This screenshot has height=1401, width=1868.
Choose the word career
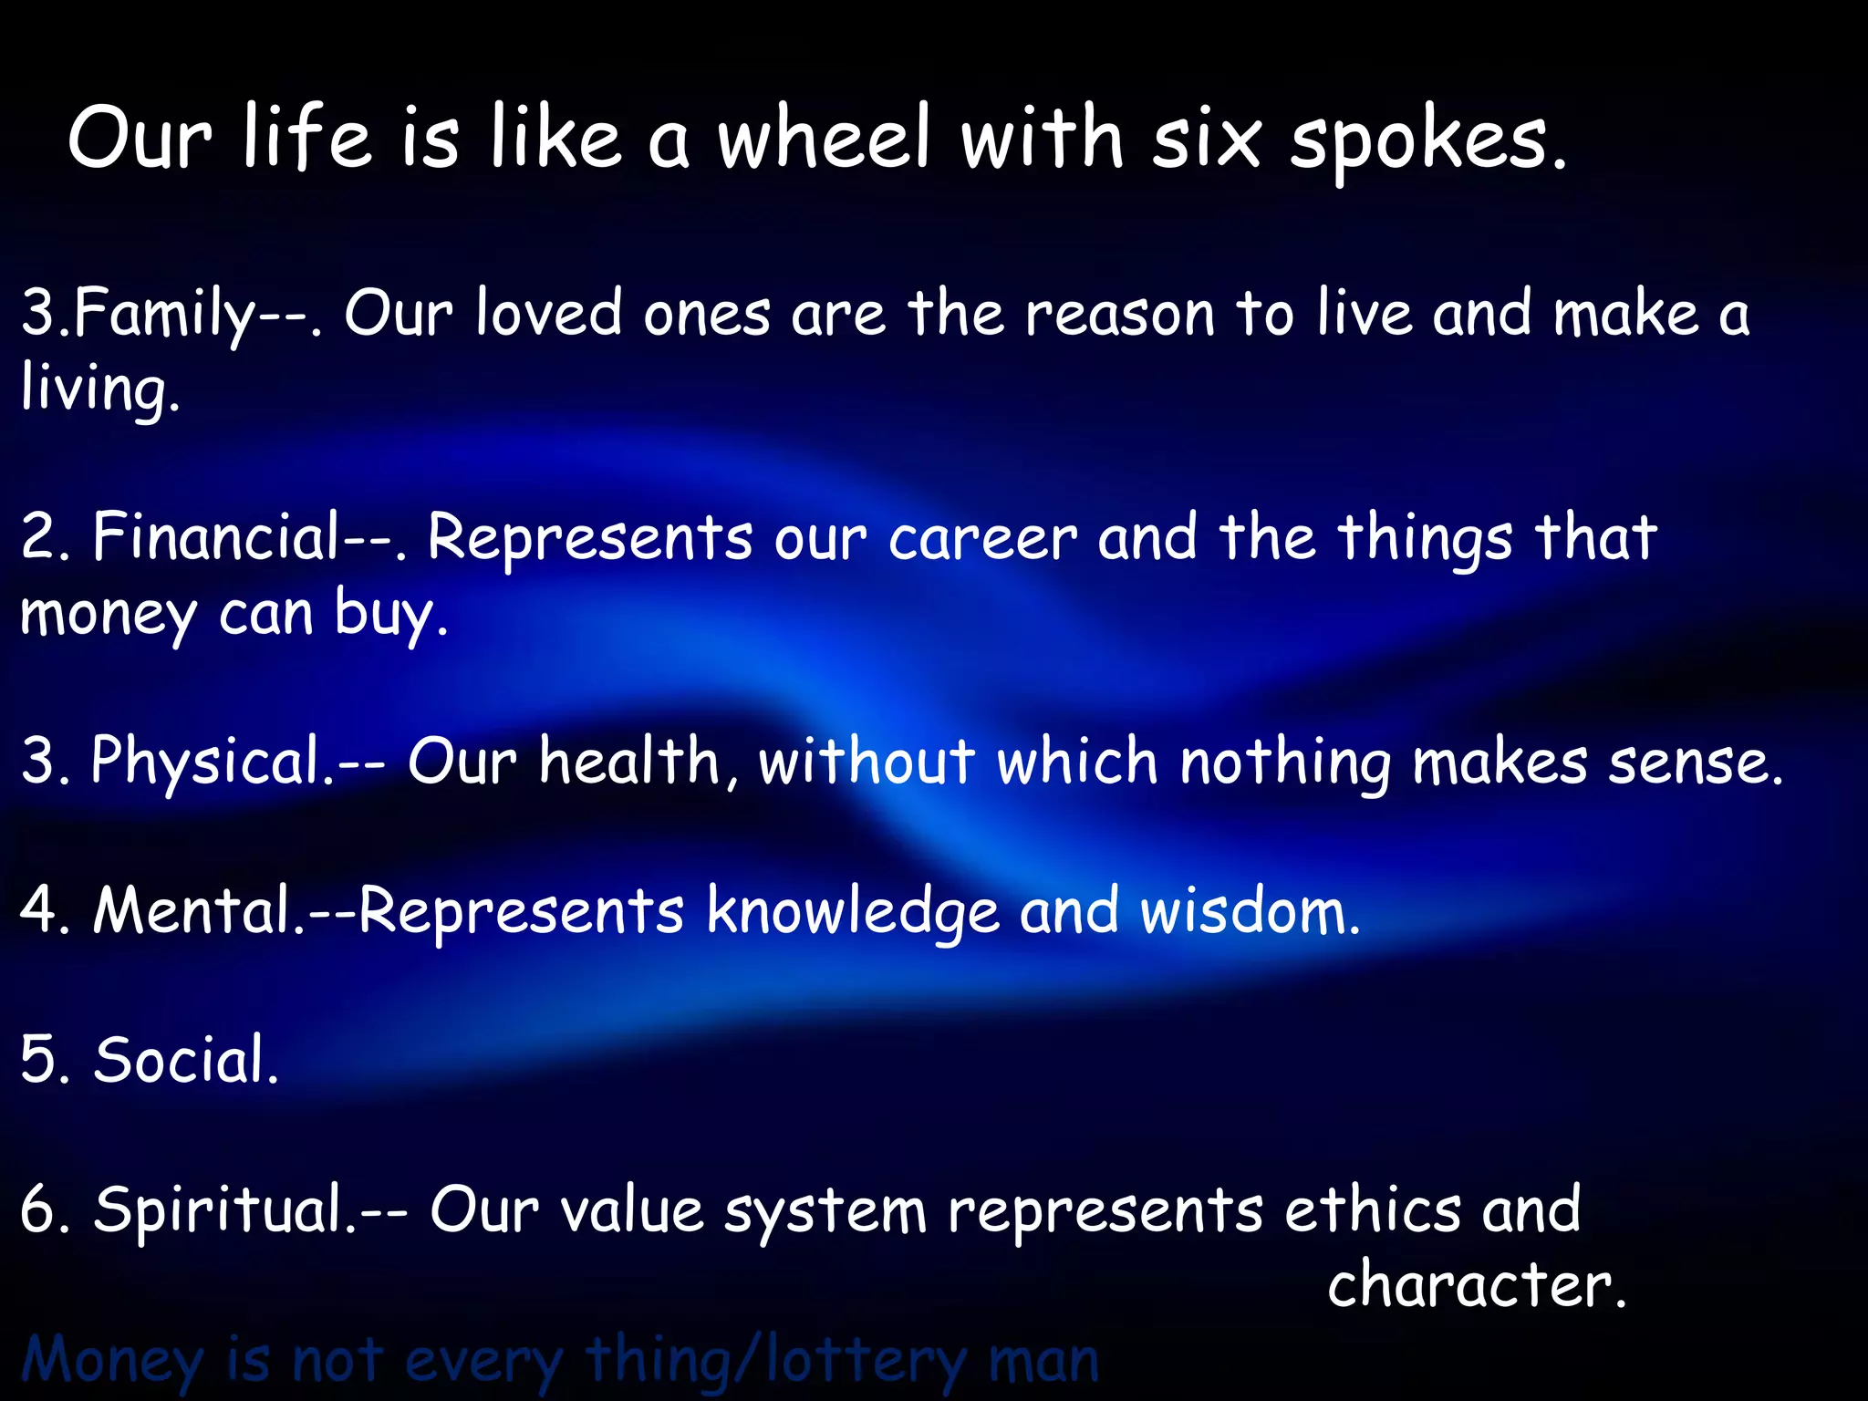982,540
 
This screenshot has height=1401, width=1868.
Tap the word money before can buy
108,616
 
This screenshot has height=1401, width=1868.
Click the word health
628,762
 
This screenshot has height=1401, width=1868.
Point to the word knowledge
853,912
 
